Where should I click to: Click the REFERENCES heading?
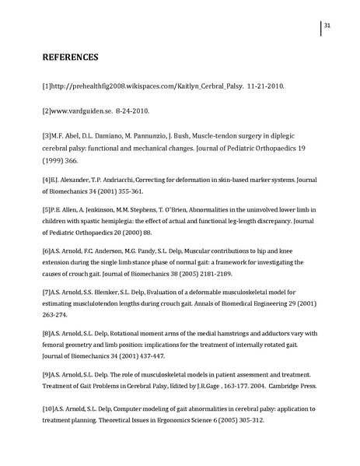click(70, 58)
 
